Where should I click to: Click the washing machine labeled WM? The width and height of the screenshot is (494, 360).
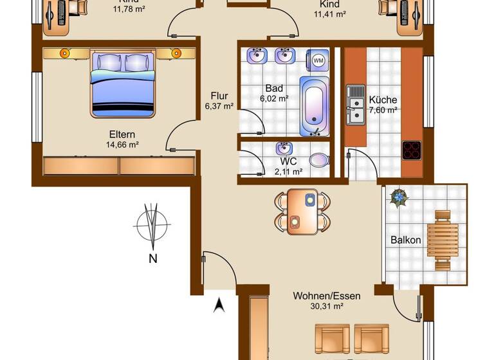click(318, 60)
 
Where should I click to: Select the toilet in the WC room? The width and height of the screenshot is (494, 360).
click(317, 159)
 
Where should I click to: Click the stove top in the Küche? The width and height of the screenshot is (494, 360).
click(411, 150)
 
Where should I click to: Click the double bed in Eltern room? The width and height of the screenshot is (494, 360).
click(123, 85)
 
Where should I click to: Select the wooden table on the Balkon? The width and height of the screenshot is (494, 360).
click(443, 240)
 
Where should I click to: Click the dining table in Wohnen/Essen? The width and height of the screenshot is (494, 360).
click(302, 212)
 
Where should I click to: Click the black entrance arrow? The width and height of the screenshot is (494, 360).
click(219, 305)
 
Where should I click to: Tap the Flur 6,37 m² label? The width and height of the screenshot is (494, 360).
click(219, 102)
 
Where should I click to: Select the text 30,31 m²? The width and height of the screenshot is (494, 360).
click(327, 307)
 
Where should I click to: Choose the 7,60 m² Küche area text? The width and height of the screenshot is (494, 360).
click(383, 110)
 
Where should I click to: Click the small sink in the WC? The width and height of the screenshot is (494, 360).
click(283, 148)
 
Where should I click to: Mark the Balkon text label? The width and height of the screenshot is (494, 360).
click(406, 240)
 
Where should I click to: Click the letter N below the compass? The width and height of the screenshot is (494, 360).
click(152, 259)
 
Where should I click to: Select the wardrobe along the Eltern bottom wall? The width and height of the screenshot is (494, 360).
click(119, 166)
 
